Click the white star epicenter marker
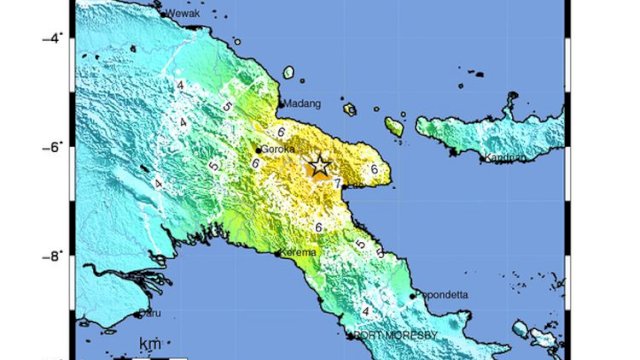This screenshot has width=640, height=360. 319,166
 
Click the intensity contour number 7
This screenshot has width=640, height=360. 337,183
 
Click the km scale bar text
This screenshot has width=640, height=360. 151,346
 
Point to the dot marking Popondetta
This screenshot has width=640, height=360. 412,296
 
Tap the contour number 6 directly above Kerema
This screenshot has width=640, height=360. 318,228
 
